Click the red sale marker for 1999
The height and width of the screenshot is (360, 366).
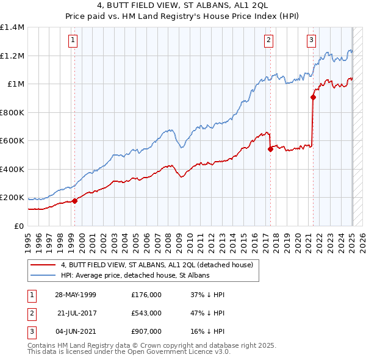click(x=74, y=200)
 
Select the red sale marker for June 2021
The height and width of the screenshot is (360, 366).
click(x=313, y=96)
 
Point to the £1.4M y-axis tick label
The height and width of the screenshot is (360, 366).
click(x=12, y=27)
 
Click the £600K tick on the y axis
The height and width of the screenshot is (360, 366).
click(x=12, y=141)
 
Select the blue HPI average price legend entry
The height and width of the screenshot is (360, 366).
click(x=135, y=275)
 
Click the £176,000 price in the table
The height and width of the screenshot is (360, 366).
click(x=146, y=295)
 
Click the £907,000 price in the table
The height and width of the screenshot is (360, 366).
click(x=146, y=331)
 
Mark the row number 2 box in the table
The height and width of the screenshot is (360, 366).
click(x=31, y=313)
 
